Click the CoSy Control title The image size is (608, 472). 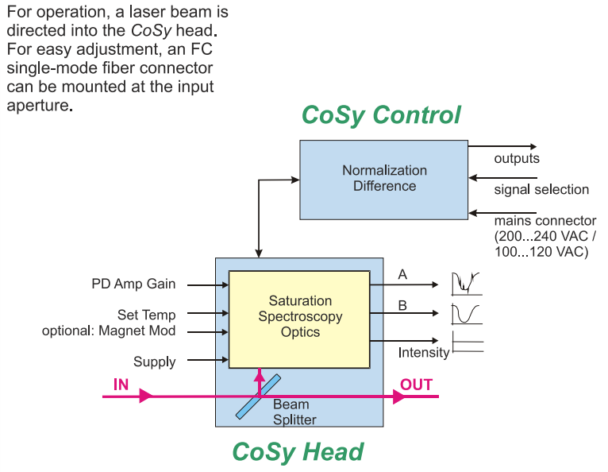click(381, 115)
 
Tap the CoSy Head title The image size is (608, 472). click(298, 451)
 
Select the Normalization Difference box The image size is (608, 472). click(384, 179)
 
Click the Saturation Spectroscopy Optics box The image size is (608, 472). click(299, 318)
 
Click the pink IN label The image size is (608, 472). click(121, 385)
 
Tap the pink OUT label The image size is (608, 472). click(416, 385)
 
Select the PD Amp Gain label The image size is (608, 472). click(133, 284)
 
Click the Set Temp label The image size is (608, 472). click(146, 315)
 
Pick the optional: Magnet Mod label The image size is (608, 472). click(109, 330)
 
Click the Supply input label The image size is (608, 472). click(154, 362)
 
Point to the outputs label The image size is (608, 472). click(518, 159)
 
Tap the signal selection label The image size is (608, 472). click(541, 189)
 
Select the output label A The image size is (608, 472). click(402, 275)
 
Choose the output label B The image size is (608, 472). click(402, 304)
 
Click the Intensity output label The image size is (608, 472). click(424, 352)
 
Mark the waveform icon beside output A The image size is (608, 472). click(467, 284)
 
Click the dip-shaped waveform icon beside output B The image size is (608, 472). click(467, 314)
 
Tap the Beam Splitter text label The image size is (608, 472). click(294, 412)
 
